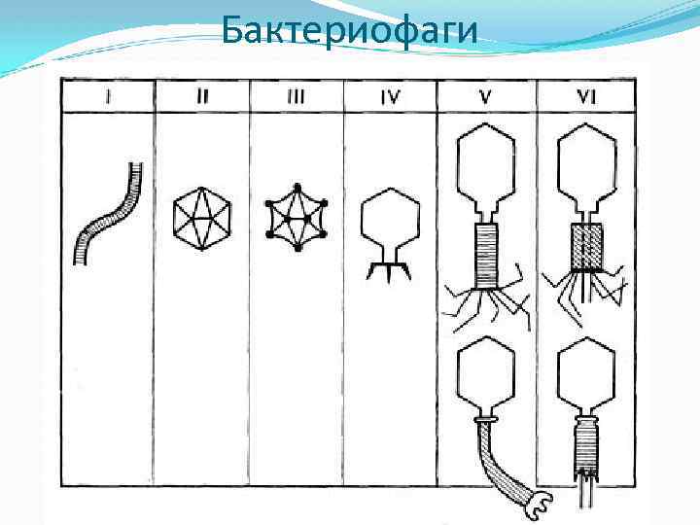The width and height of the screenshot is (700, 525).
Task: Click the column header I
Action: [x=108, y=97]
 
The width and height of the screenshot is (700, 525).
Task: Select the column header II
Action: [x=202, y=97]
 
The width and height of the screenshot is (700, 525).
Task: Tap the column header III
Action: [x=297, y=97]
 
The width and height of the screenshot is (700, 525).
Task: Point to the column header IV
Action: [x=390, y=97]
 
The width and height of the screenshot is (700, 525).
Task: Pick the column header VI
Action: [x=586, y=97]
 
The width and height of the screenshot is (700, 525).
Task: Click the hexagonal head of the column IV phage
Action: [x=390, y=219]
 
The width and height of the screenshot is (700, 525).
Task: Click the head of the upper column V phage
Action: [x=489, y=166]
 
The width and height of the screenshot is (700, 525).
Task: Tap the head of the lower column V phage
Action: [x=489, y=375]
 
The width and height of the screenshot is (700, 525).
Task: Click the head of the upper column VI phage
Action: [x=586, y=166]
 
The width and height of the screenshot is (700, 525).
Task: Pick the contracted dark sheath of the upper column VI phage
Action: [x=586, y=245]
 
